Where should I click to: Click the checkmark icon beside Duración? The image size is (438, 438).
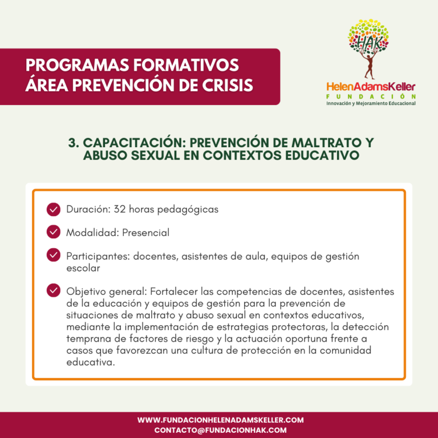(54, 209)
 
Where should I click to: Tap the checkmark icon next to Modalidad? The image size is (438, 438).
(54, 233)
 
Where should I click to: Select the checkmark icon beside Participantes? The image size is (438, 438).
(54, 256)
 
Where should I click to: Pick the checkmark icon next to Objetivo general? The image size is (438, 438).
(54, 291)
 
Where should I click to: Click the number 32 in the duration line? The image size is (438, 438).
(120, 209)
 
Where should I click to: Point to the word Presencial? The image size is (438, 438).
(145, 233)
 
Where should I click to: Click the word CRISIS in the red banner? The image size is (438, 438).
(227, 86)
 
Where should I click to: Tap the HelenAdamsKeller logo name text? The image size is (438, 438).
(371, 87)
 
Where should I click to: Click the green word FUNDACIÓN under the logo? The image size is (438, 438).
(371, 96)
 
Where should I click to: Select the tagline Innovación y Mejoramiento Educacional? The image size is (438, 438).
(371, 103)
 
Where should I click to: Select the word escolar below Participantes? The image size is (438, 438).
(83, 267)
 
